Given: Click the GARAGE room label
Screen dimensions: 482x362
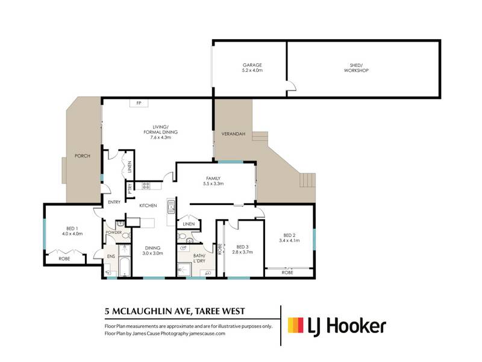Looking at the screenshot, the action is [252, 65].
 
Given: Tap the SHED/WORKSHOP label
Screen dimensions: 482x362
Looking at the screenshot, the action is [356, 68].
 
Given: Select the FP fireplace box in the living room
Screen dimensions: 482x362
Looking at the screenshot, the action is [139, 103].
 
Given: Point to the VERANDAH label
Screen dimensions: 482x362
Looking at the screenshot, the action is [233, 134].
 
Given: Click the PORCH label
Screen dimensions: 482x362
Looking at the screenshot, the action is [83, 156].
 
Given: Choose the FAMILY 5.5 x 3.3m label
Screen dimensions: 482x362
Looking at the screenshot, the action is [213, 181].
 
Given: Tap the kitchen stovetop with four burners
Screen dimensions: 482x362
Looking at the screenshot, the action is [146, 186].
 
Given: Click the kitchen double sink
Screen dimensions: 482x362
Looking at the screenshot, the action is [171, 206].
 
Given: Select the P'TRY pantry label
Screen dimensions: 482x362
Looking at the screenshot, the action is [130, 188].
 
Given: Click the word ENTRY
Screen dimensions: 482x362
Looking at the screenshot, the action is [114, 202].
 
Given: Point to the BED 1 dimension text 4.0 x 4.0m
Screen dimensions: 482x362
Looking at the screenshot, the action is [72, 233].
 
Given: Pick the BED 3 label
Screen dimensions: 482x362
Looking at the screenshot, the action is [243, 247].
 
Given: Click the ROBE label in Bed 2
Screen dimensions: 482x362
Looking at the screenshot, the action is [287, 273].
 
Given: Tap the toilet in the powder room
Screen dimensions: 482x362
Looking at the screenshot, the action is [126, 236].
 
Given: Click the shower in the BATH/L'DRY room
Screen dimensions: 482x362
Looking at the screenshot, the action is [184, 270].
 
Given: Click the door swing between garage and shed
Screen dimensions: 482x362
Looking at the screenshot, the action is [292, 86].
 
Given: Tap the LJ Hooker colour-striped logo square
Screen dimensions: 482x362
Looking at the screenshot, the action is [295, 325].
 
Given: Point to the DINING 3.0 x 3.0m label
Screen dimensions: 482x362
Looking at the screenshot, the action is [153, 250].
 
